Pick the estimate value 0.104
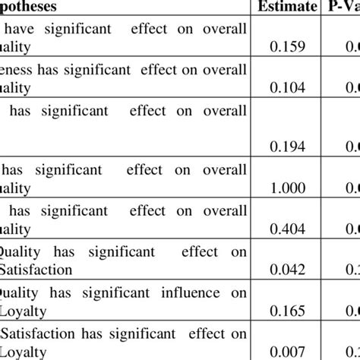289,87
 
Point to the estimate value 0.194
289,144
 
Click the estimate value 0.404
289,229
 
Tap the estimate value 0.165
289,310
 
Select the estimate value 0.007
289,351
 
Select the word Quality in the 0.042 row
17,251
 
